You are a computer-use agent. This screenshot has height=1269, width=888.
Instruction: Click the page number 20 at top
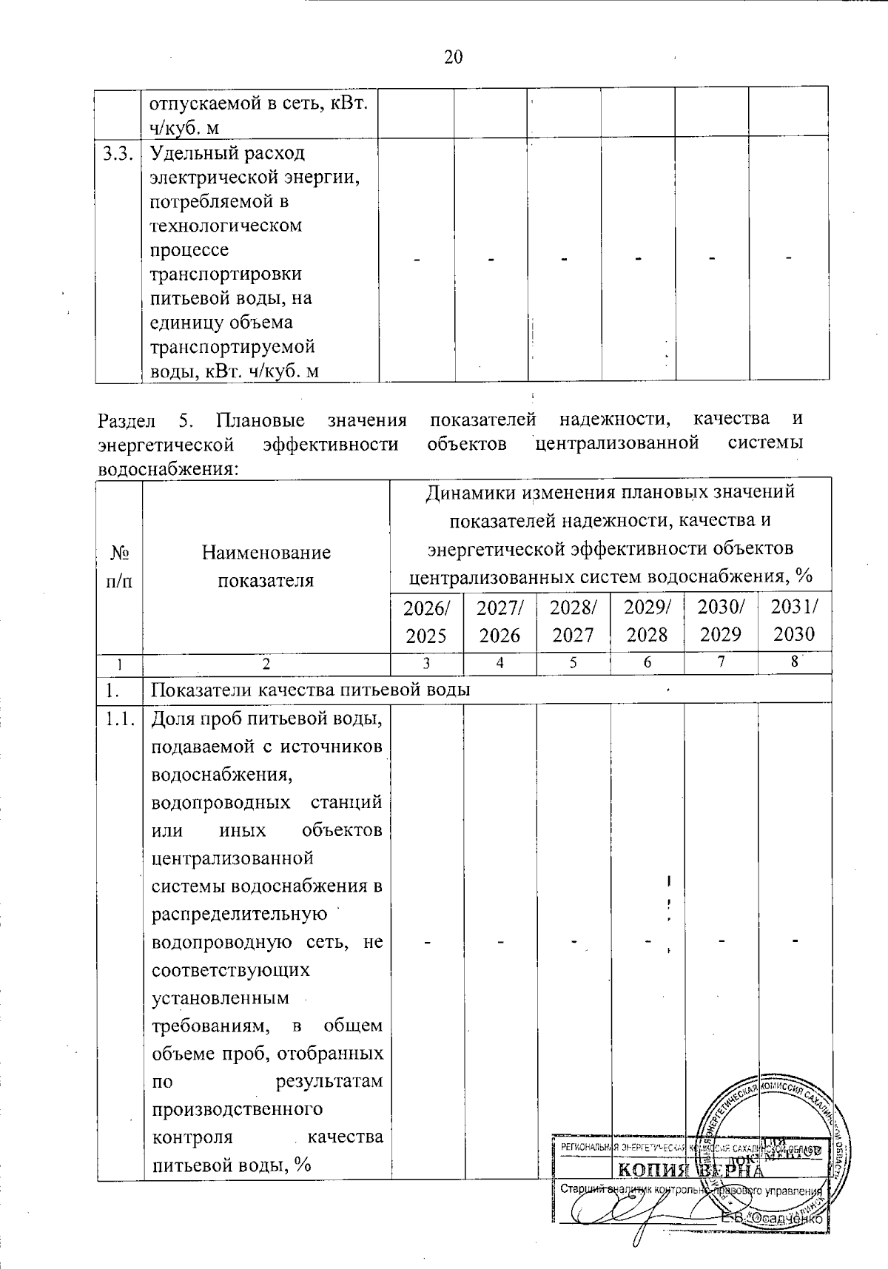click(x=453, y=57)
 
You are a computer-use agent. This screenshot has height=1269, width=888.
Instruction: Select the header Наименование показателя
click(x=266, y=566)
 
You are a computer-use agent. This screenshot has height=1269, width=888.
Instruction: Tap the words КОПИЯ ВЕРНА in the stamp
click(x=688, y=1170)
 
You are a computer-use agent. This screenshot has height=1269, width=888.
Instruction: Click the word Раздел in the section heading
click(x=127, y=421)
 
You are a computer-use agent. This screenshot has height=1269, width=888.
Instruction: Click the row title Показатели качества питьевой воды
click(x=311, y=690)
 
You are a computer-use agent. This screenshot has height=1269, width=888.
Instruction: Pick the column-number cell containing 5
click(x=573, y=664)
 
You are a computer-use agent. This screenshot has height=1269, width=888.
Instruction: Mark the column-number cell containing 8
click(x=794, y=664)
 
